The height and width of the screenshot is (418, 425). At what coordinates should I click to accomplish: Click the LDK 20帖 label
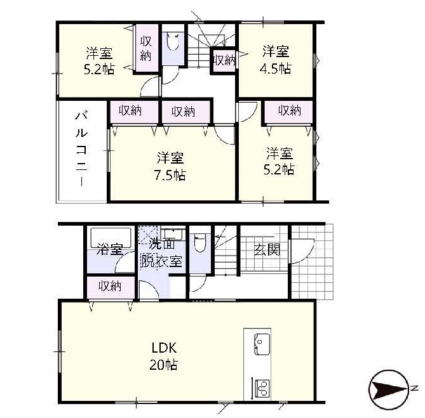[x=164, y=356]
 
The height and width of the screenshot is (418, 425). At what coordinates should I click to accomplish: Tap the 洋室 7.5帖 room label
[x=170, y=166]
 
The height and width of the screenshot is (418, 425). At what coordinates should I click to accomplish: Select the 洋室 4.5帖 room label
[x=275, y=60]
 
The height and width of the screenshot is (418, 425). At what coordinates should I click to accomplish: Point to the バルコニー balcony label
[x=81, y=149]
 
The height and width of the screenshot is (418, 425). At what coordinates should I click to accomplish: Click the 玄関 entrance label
[x=267, y=249]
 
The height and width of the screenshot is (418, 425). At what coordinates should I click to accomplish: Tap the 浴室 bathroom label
[x=110, y=249]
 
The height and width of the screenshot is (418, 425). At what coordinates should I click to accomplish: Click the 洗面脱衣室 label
[x=161, y=252]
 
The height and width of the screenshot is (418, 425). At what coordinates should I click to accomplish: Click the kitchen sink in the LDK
[x=262, y=344]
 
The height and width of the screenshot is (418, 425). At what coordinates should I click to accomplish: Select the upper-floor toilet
[x=173, y=41]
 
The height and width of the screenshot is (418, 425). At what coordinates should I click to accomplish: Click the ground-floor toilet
[x=200, y=243]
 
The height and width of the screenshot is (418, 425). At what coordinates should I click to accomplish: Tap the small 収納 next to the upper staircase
[x=224, y=60]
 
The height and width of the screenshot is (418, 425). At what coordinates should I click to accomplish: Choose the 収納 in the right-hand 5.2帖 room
[x=288, y=112]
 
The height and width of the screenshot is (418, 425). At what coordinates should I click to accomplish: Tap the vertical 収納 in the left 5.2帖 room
[x=146, y=48]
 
